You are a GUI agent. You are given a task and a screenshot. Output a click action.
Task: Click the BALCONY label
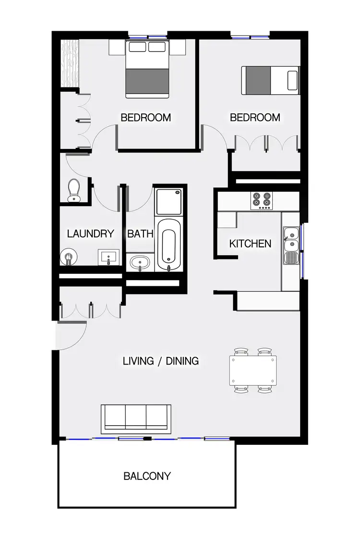[147, 476]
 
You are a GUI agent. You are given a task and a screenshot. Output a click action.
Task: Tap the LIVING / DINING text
[161, 361]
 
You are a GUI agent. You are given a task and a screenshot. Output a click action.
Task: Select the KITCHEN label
[250, 244]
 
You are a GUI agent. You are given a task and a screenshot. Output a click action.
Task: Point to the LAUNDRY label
[91, 234]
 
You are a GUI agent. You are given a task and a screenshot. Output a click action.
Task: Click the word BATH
[140, 234]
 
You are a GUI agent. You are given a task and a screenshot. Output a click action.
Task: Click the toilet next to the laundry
[73, 190]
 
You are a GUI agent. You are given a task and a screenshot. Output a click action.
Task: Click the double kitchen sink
[290, 240]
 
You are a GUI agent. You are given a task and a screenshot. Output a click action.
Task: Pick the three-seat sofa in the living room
[136, 417]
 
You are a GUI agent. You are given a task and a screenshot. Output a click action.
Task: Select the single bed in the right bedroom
[270, 80]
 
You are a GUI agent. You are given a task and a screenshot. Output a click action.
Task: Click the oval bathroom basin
[140, 263]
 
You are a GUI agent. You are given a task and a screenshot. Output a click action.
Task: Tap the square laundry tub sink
[109, 257]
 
